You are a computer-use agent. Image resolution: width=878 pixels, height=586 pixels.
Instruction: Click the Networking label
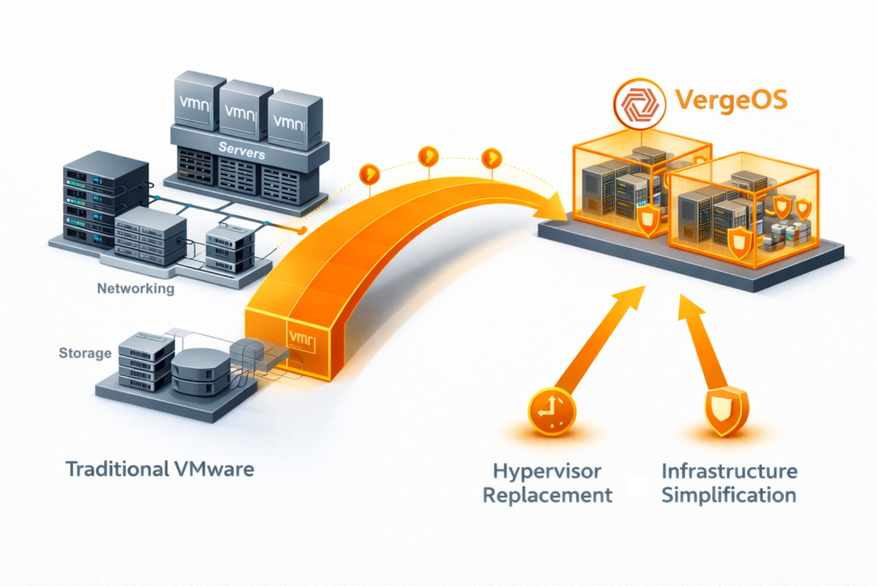click(135, 289)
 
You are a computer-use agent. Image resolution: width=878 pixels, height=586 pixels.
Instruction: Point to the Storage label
click(84, 353)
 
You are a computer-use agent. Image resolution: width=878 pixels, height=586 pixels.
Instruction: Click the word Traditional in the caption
click(116, 469)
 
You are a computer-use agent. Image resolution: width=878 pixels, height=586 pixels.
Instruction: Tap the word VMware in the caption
click(213, 469)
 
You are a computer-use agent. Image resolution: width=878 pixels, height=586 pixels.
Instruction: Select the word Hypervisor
click(547, 471)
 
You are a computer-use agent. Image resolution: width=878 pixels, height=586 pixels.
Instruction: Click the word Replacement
click(547, 495)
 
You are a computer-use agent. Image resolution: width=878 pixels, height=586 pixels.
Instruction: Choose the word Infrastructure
click(730, 471)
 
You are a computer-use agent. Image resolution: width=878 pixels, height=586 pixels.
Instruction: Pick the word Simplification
click(730, 495)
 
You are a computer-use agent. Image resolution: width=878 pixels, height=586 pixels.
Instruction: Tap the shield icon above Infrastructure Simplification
click(725, 412)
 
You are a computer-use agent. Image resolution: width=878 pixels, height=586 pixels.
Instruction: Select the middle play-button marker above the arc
click(428, 156)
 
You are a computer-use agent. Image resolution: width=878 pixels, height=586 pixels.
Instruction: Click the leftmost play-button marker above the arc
click(370, 172)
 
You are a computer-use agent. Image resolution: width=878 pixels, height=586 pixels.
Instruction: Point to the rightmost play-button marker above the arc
click(491, 158)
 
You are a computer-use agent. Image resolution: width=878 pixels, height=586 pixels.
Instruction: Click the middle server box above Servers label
click(241, 110)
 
